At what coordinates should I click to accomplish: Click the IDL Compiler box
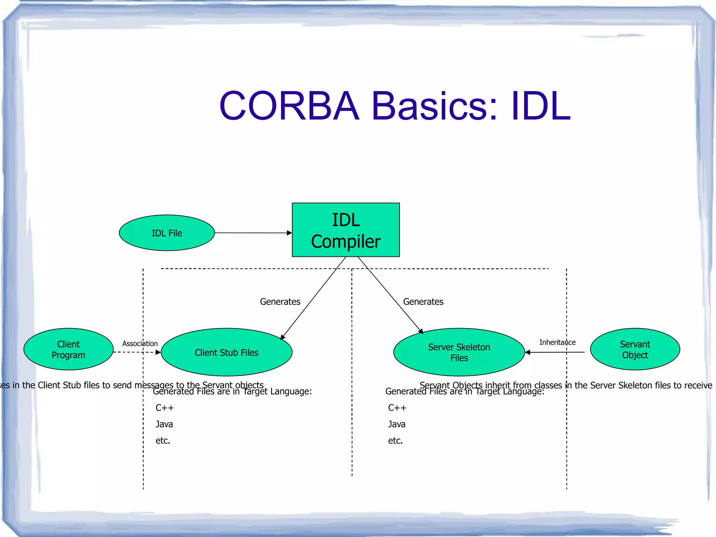(x=345, y=230)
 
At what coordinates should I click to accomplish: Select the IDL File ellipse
(x=167, y=233)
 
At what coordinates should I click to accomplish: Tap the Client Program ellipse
(x=69, y=349)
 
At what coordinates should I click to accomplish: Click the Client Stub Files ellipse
(x=226, y=352)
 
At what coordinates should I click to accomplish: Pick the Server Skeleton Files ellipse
(x=459, y=352)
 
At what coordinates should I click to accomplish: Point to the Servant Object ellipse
(x=635, y=349)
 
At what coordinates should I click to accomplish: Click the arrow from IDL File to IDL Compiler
(x=252, y=233)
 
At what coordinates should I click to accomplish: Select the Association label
(x=140, y=344)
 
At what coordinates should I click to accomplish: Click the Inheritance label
(x=557, y=342)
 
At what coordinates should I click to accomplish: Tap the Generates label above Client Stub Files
(x=280, y=302)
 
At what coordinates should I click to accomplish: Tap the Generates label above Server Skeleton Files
(x=423, y=302)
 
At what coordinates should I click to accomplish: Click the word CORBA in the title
(x=289, y=106)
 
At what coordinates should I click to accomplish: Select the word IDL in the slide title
(x=540, y=106)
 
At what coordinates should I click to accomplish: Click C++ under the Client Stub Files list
(x=164, y=408)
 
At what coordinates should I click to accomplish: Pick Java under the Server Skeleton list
(x=396, y=424)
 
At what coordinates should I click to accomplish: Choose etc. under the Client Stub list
(x=163, y=440)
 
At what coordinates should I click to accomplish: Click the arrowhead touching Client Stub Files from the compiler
(x=283, y=337)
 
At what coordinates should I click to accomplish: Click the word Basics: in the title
(x=434, y=106)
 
